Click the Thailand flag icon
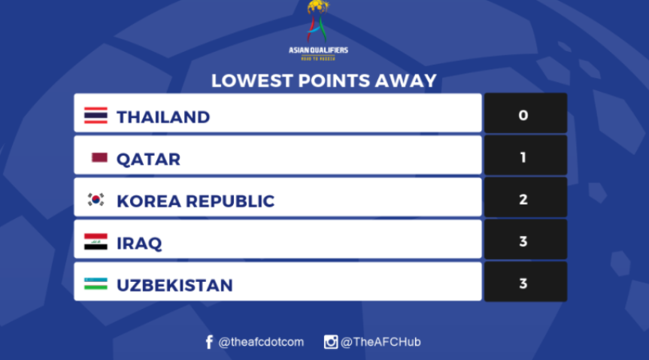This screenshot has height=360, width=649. coord(96,116)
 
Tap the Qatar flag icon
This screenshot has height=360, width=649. coord(99,158)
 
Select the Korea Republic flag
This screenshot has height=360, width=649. coord(96,200)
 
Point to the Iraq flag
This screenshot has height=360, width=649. coord(96,242)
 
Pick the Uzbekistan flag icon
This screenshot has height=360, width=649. coord(96,284)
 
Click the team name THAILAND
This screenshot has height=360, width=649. coord(163,117)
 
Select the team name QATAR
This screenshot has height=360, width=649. coord(149,159)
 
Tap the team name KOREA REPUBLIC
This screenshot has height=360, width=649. coord(196,201)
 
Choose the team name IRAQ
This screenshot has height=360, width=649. coord(139,244)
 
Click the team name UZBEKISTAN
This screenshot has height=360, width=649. coord(174,286)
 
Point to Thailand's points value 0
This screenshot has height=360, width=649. coord(523,115)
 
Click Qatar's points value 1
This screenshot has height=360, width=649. coord(523,157)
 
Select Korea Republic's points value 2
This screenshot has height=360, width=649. coord(523,199)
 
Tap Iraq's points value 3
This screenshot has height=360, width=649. coord(523,241)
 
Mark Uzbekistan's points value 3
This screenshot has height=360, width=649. coord(523,283)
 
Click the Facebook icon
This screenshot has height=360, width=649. coord(209,342)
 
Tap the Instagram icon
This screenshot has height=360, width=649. coord(331,342)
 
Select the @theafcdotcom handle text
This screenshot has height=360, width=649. coord(261,342)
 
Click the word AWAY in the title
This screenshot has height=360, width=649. coord(405,80)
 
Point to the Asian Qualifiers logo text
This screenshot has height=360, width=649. coord(318,50)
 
